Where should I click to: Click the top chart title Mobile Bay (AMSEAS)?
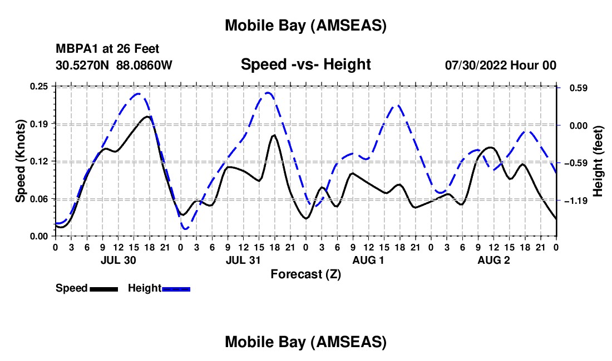click(305, 26)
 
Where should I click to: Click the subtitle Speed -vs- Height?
click(305, 64)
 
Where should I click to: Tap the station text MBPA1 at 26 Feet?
click(107, 49)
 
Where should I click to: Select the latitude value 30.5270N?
click(83, 65)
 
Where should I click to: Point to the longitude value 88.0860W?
click(144, 65)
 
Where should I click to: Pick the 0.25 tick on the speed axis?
click(40, 86)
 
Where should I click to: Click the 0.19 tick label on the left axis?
click(40, 124)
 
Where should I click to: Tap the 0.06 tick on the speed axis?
click(40, 199)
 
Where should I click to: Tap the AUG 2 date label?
click(494, 260)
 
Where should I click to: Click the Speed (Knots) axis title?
click(21, 161)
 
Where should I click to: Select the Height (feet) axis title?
click(598, 161)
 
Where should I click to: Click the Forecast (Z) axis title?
click(305, 274)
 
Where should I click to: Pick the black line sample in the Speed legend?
click(103, 289)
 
